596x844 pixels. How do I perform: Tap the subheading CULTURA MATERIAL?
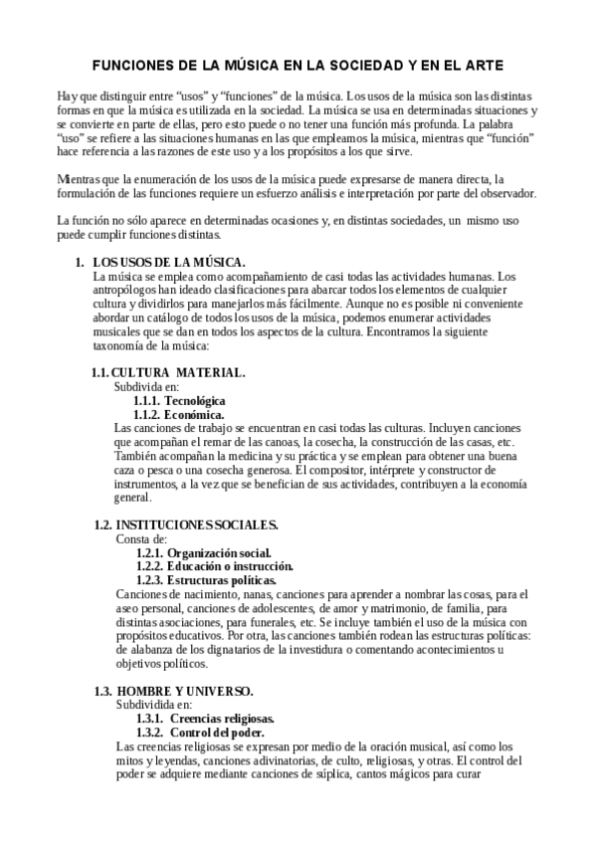tap(185, 372)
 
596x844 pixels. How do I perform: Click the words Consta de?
tap(141, 537)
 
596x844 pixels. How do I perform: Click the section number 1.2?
tap(101, 524)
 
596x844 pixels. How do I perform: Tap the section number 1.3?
tap(101, 690)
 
